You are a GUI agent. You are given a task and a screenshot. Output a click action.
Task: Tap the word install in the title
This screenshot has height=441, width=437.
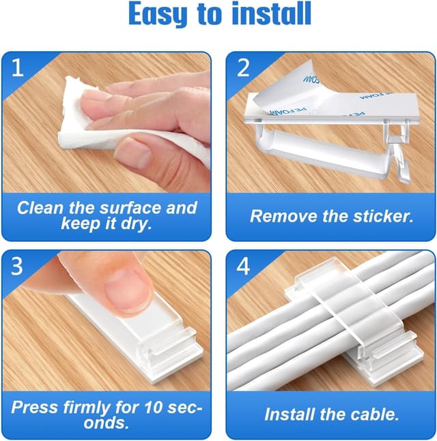point(271,13)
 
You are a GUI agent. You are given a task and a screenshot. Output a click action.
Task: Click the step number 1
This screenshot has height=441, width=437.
point(17,67)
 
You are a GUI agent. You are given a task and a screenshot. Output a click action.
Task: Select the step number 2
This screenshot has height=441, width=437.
point(243,67)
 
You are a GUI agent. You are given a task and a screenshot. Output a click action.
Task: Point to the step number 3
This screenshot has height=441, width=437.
point(17,266)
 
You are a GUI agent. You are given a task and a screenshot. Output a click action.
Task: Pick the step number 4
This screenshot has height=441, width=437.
point(243,266)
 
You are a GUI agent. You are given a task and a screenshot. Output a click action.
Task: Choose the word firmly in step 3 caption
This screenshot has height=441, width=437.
point(82,408)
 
